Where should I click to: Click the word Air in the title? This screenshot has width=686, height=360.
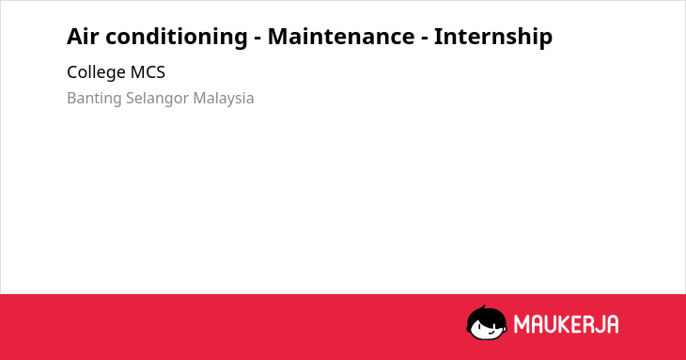(83, 36)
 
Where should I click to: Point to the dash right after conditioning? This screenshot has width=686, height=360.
(257, 39)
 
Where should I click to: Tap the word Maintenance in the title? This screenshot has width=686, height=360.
(341, 36)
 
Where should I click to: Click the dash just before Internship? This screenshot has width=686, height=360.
(425, 39)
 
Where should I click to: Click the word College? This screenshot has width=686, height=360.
(96, 72)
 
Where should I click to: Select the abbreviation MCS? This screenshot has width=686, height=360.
(148, 72)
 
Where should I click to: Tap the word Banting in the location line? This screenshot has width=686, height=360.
(94, 99)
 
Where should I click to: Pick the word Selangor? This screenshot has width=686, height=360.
(158, 99)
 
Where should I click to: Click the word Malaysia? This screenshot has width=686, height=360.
(224, 99)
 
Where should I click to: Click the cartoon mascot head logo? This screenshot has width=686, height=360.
(487, 323)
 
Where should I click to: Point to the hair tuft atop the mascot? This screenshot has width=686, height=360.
(484, 307)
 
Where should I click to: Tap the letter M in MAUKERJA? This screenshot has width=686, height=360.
(522, 324)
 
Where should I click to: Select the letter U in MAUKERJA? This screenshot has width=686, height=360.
(553, 324)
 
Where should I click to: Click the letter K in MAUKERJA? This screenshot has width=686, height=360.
(567, 324)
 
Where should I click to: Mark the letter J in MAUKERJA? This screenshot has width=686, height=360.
(603, 324)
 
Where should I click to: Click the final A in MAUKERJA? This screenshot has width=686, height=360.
(614, 324)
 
